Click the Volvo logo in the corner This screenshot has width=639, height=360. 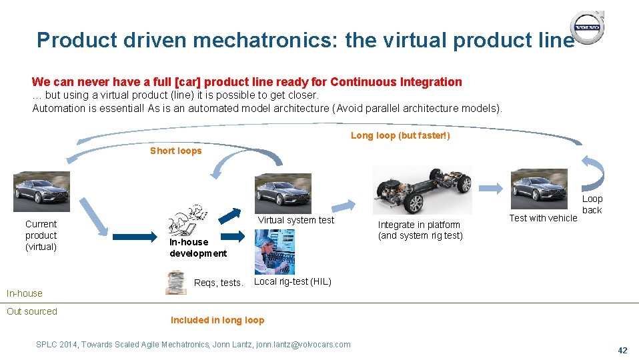588,28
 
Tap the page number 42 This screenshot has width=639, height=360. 623,350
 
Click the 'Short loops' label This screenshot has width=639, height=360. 175,151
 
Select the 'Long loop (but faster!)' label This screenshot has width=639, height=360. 400,135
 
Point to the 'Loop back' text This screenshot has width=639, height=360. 592,204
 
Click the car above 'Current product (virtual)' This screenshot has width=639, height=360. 41,192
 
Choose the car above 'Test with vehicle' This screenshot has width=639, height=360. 540,189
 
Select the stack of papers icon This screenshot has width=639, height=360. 176,282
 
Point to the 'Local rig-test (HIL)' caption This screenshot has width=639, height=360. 292,281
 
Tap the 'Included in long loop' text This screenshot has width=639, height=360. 217,320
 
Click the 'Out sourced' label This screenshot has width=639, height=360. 32,311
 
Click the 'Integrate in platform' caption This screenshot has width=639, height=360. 419,225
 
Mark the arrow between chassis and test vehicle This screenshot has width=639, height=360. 491,187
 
